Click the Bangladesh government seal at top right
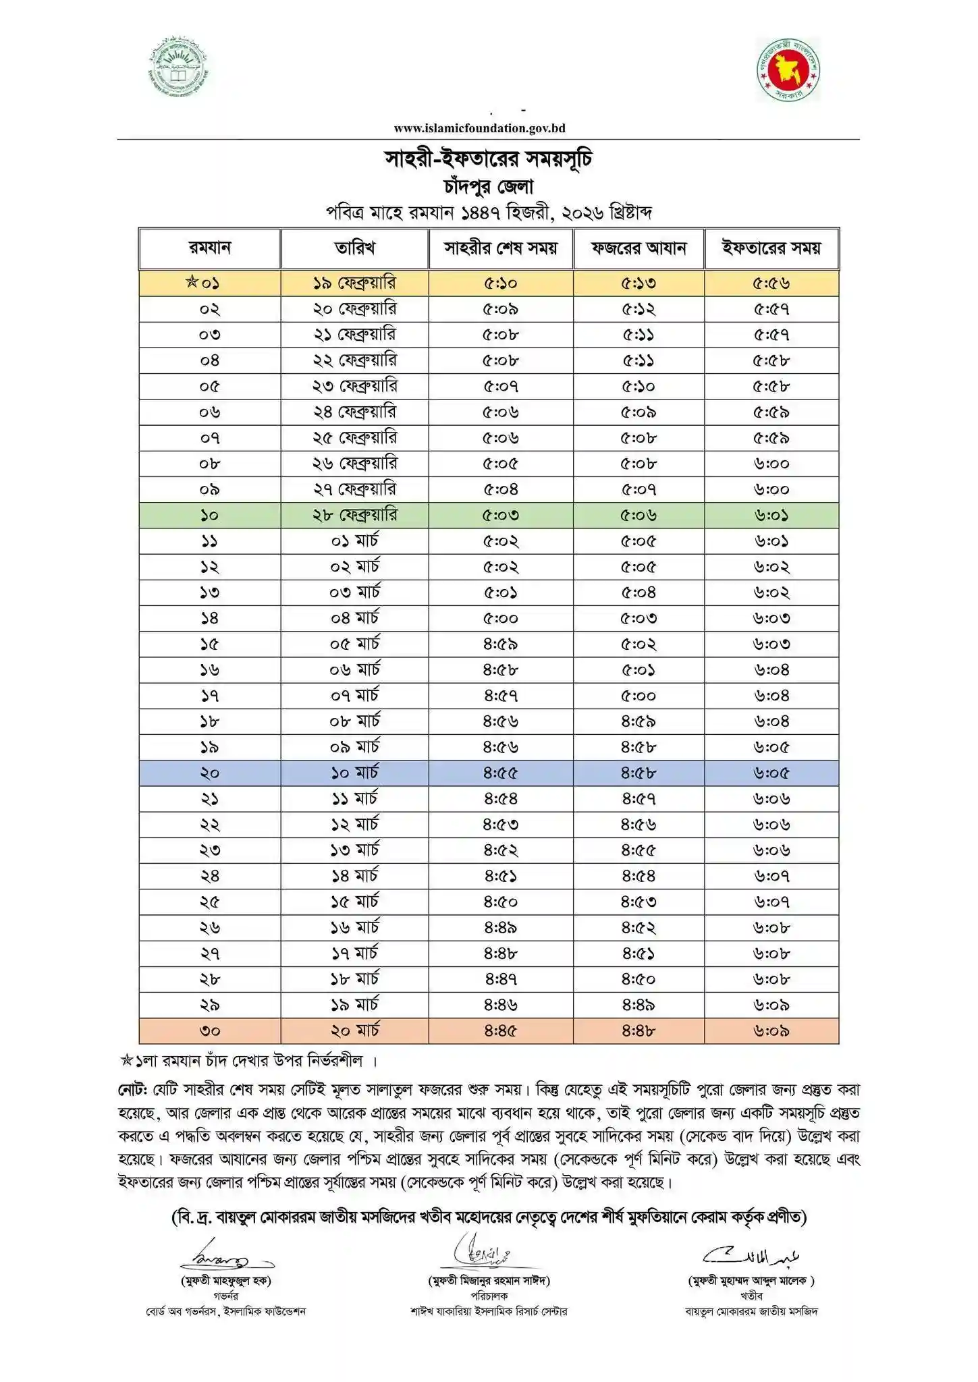(788, 70)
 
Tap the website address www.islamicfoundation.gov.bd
(479, 128)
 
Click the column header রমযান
(210, 248)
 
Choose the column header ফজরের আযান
(639, 248)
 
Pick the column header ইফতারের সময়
(771, 248)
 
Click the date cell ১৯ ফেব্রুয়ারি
(354, 283)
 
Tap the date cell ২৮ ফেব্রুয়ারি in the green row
(354, 516)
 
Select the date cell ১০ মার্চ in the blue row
(354, 773)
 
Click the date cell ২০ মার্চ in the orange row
(354, 1030)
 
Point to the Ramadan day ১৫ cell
(210, 644)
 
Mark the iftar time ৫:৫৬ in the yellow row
(771, 283)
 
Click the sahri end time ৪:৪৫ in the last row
(500, 1030)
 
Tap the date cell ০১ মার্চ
(354, 541)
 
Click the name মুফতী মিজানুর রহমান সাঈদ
(489, 1280)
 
